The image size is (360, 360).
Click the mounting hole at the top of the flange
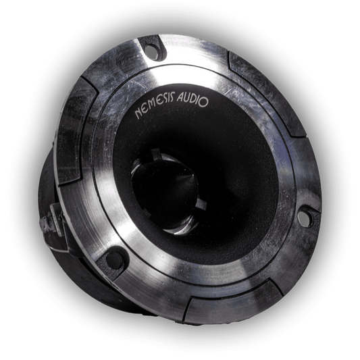tap(153, 49)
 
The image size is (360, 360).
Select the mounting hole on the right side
tap(305, 218)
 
